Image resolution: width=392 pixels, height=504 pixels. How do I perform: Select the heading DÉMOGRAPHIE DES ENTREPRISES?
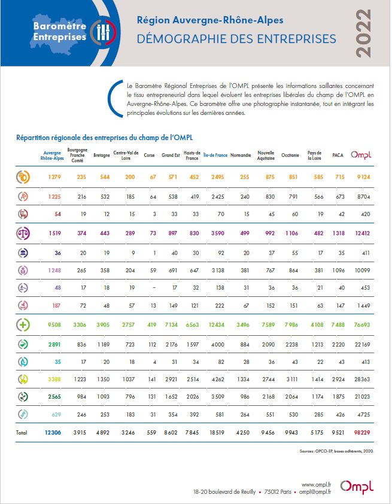pos(236,39)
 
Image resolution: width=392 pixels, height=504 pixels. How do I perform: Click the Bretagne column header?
pos(101,155)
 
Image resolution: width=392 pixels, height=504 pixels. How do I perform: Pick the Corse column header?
pos(150,155)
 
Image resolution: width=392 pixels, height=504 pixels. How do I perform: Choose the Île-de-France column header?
pos(215,155)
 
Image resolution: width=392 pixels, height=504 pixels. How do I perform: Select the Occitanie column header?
pos(290,155)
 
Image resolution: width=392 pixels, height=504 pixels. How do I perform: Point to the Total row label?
pos(22,432)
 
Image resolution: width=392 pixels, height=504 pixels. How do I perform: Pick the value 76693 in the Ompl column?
pos(360,324)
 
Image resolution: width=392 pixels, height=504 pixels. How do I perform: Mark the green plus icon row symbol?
pos(23,324)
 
